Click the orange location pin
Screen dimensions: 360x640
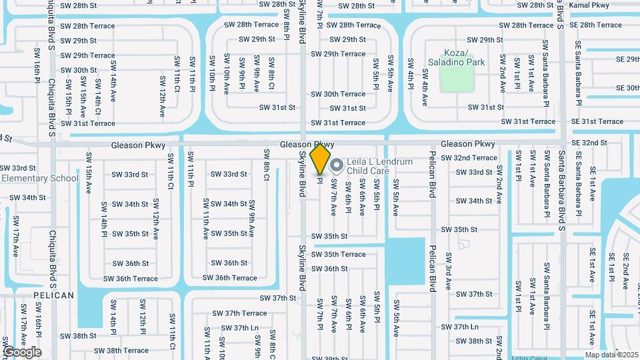coord(321,159)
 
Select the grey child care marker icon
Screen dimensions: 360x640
coord(337,164)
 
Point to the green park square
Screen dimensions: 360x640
coord(457,79)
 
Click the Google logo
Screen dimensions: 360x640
coord(21,352)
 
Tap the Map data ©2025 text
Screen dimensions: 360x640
coord(611,355)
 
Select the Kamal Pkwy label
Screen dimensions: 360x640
coord(591,5)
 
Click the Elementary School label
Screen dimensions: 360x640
coord(39,178)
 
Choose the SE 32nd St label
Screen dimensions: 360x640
coord(589,143)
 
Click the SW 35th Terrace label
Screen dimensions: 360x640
coord(339,254)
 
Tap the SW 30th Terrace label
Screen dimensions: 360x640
coord(338,94)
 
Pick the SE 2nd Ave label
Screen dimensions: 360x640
coord(625,273)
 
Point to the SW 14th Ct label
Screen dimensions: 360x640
coord(97,91)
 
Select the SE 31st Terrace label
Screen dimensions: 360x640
coord(597,121)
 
